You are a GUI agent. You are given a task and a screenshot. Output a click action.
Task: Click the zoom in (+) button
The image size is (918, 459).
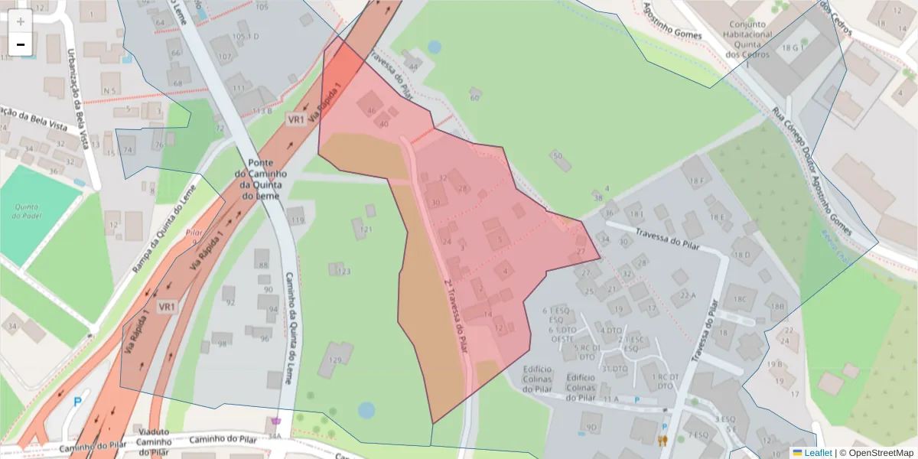[20, 21]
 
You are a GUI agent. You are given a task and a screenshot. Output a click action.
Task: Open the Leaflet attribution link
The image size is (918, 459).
[818, 452]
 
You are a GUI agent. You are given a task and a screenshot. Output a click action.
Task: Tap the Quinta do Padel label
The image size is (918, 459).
[27, 211]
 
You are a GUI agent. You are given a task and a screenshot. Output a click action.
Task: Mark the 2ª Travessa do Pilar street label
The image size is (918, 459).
[456, 314]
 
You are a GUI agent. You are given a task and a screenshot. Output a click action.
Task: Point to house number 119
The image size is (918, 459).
[298, 220]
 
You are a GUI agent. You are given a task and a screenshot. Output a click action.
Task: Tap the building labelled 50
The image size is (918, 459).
[557, 156]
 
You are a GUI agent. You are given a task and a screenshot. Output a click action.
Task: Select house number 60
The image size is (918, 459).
[474, 97]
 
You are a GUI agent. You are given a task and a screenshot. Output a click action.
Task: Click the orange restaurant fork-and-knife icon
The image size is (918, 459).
[662, 440]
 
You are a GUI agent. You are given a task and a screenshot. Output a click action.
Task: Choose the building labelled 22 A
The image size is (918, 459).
[687, 295]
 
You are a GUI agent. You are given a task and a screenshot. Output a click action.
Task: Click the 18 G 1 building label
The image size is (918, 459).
[791, 48]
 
